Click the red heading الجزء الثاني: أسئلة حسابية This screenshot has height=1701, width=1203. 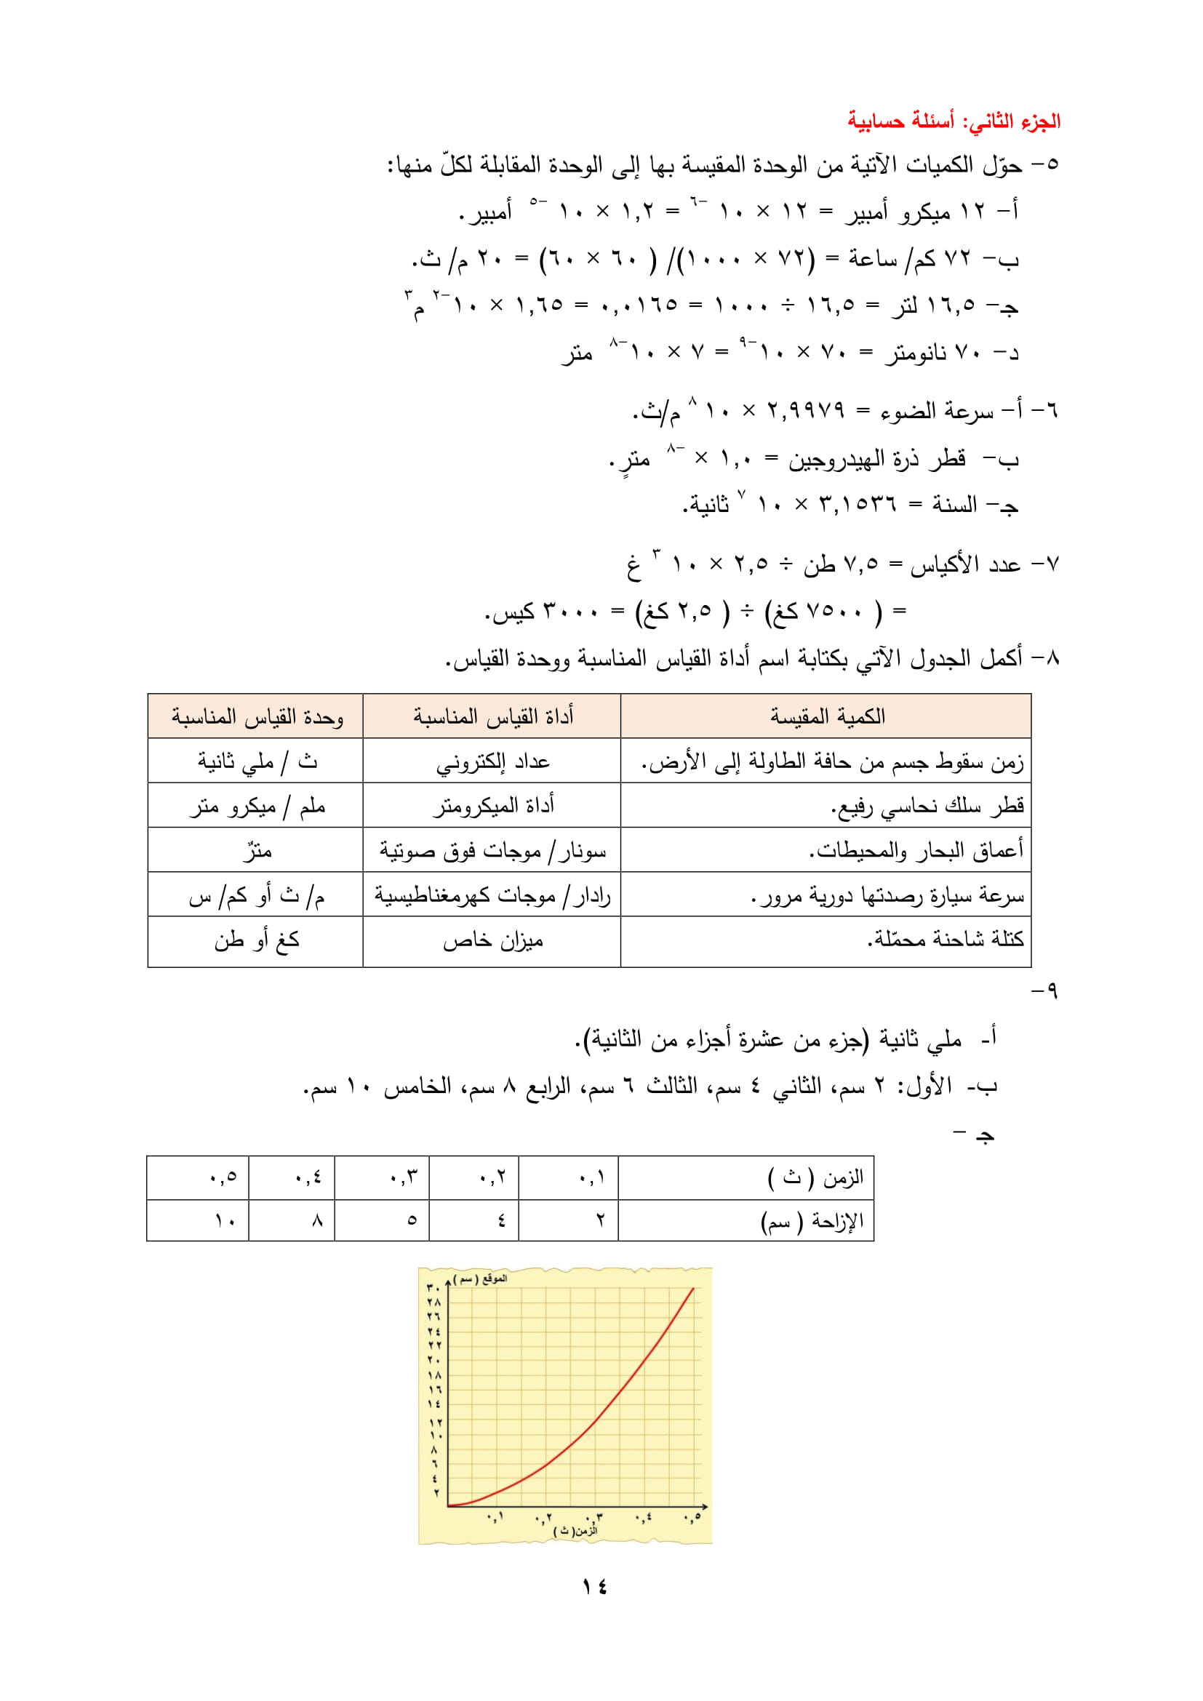(954, 121)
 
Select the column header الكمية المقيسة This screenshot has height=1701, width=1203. (828, 716)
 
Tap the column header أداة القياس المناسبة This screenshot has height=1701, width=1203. (492, 716)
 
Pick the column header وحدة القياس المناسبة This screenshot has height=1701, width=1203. (257, 716)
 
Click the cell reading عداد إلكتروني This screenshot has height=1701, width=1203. (492, 761)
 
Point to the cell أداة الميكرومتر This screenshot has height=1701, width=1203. (493, 806)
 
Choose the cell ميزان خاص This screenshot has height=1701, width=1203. (492, 941)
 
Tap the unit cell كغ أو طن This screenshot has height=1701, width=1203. (257, 941)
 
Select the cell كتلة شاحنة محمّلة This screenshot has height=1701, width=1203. (946, 940)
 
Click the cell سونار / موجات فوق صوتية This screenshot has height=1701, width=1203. (492, 852)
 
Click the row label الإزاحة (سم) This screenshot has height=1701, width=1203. (812, 1220)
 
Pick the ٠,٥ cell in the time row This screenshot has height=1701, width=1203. (223, 1177)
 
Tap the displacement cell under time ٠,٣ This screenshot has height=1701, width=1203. (412, 1220)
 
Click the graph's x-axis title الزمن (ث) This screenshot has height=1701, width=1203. (575, 1531)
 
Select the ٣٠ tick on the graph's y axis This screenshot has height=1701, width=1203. (433, 1289)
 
